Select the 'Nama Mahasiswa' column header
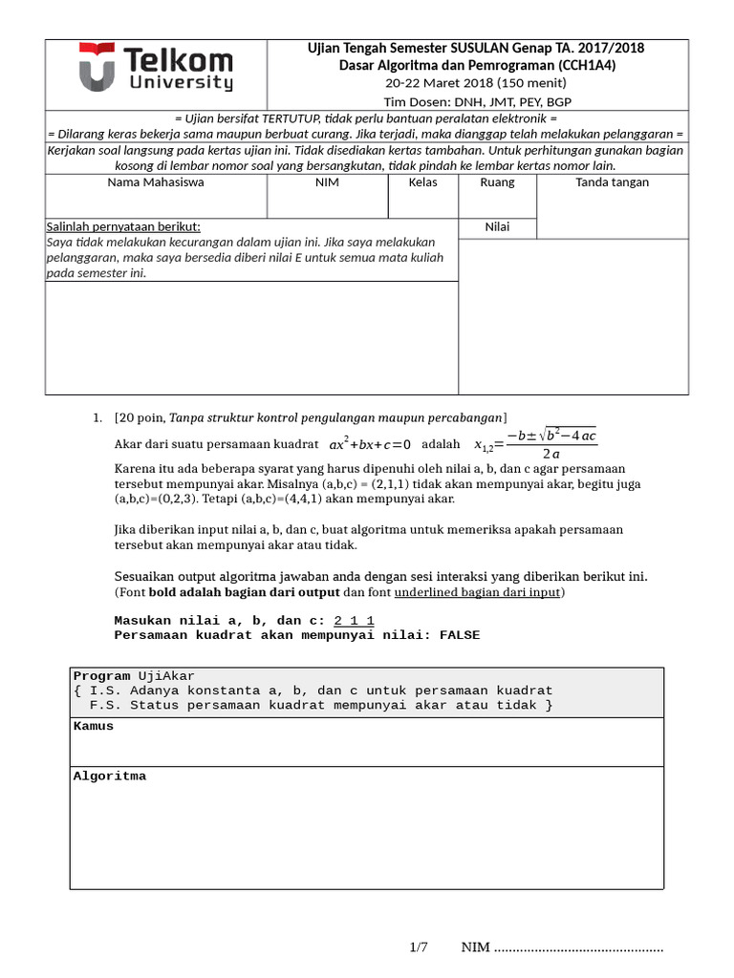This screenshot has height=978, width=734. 155,182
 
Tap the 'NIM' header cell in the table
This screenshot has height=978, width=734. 327,182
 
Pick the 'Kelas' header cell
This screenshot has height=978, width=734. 422,182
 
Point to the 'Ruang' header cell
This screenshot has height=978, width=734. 497,182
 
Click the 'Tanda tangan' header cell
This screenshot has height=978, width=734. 612,182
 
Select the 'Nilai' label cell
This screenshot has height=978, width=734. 497,227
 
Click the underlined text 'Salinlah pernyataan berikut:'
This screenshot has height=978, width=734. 124,227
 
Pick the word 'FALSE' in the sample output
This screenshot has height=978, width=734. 460,635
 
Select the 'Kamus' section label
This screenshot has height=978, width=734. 94,727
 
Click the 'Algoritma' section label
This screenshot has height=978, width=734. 110,776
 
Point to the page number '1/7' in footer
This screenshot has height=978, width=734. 419,947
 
